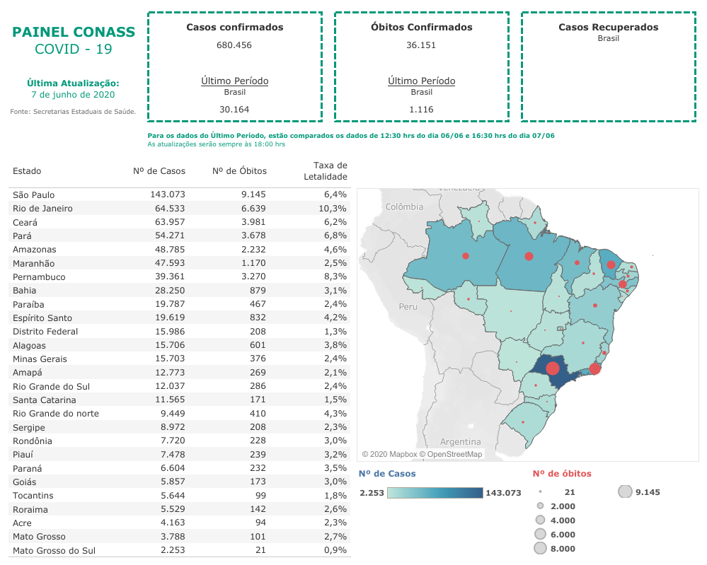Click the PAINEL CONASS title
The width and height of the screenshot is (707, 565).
click(x=74, y=32)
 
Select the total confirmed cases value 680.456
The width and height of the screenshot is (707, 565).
click(x=234, y=45)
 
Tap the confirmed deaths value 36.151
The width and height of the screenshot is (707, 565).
click(x=421, y=45)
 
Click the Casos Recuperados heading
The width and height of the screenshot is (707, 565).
click(x=608, y=28)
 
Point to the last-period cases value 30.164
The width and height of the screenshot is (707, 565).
click(x=234, y=110)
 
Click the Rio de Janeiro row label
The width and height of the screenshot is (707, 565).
click(x=42, y=209)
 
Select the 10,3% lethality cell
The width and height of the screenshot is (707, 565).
click(x=333, y=209)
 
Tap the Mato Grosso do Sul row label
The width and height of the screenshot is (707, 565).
click(x=54, y=550)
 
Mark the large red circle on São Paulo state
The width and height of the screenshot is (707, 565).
click(x=552, y=368)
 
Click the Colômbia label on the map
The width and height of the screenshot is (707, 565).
click(x=405, y=207)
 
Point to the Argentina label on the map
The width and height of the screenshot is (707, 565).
click(x=460, y=441)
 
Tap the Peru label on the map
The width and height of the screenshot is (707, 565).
click(x=408, y=307)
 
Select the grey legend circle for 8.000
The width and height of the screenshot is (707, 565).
click(x=541, y=549)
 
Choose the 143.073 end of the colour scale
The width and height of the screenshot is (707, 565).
click(x=502, y=493)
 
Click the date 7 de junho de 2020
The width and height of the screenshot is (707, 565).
click(x=73, y=95)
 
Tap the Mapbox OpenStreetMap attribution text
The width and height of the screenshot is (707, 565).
click(x=422, y=454)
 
